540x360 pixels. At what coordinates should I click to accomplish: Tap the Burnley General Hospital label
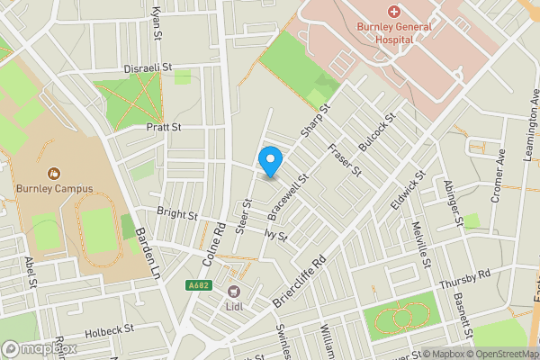click(393, 33)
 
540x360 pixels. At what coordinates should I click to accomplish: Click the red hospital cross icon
click(393, 11)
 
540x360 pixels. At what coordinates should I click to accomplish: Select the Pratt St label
click(164, 128)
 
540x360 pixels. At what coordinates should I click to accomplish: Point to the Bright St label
click(176, 215)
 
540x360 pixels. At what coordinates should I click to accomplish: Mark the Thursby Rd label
click(464, 279)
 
